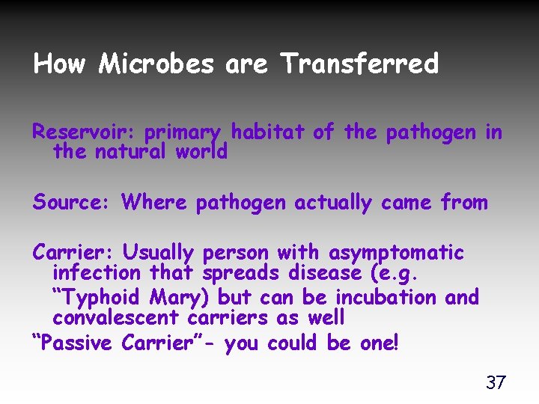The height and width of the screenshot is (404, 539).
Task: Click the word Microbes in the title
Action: (156, 64)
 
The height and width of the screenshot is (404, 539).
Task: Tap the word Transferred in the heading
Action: (359, 64)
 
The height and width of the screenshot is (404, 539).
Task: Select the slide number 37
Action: (496, 383)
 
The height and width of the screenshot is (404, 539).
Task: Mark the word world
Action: (201, 152)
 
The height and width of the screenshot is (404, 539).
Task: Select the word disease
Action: (340, 275)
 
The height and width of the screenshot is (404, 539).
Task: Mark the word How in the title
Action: (61, 64)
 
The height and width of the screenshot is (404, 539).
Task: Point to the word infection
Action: (97, 275)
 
